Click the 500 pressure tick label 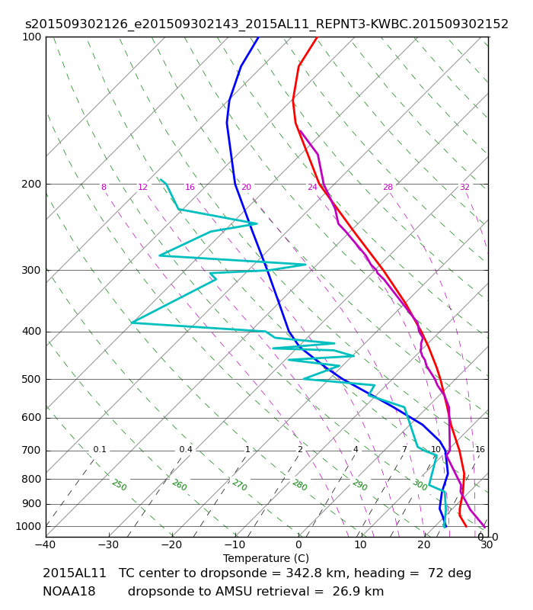[31, 379]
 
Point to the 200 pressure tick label [31, 184]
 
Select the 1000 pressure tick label [28, 526]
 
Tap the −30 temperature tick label [108, 544]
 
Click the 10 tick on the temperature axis [360, 544]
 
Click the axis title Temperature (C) [266, 558]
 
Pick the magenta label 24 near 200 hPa [312, 187]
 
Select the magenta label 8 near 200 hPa [104, 187]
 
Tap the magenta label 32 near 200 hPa [464, 187]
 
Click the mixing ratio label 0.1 [100, 449]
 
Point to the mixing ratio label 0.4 [186, 449]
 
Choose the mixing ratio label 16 [480, 449]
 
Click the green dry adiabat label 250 [120, 485]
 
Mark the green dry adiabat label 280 [300, 485]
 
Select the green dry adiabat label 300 [420, 485]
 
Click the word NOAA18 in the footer [69, 592]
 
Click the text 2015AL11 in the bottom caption [74, 573]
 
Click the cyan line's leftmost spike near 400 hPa [132, 323]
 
